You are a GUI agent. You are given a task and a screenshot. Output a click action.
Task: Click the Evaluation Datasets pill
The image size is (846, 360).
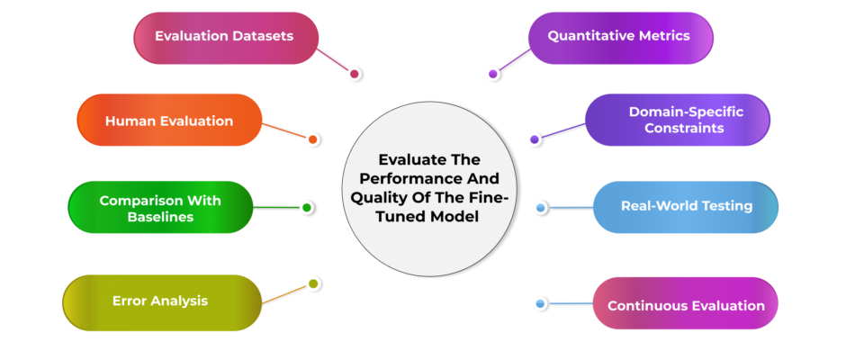pyautogui.click(x=226, y=38)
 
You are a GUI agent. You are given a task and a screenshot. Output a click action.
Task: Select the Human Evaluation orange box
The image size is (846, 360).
pyautogui.click(x=169, y=121)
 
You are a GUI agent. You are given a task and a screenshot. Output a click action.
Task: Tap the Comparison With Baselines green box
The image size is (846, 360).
pyautogui.click(x=160, y=207)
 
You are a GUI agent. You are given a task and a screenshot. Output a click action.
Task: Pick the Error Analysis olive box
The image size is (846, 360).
pyautogui.click(x=162, y=302)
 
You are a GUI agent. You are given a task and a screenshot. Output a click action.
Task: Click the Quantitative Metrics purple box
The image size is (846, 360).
pyautogui.click(x=620, y=38)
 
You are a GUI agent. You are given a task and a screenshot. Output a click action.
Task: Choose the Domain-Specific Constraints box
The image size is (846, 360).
pyautogui.click(x=678, y=120)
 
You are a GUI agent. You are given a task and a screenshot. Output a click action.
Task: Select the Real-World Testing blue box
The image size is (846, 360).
pyautogui.click(x=686, y=207)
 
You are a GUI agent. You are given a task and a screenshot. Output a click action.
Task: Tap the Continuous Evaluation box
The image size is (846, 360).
pyautogui.click(x=685, y=303)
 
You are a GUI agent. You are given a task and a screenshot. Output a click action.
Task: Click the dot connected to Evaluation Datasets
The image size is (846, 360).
pyautogui.click(x=354, y=74)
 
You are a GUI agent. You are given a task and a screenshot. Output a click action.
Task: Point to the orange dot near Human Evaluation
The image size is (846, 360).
pyautogui.click(x=312, y=139)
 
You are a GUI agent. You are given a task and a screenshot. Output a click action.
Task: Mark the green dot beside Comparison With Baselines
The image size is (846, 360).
pyautogui.click(x=307, y=207)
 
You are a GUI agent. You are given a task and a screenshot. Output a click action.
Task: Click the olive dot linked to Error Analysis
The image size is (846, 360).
pyautogui.click(x=313, y=283)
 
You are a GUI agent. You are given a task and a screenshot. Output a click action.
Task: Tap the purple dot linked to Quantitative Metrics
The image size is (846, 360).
pyautogui.click(x=492, y=74)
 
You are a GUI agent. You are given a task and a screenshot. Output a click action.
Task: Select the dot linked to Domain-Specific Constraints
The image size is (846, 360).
pyautogui.click(x=534, y=139)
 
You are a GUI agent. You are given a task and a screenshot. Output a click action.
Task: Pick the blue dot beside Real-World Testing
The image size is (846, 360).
pyautogui.click(x=541, y=207)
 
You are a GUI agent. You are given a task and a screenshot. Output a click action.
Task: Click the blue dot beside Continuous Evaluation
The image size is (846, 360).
pyautogui.click(x=540, y=304)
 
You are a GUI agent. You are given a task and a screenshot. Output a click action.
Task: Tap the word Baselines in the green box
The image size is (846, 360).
pyautogui.click(x=160, y=217)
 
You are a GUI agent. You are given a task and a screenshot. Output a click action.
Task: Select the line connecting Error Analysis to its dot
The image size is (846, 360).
pyautogui.click(x=285, y=293)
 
